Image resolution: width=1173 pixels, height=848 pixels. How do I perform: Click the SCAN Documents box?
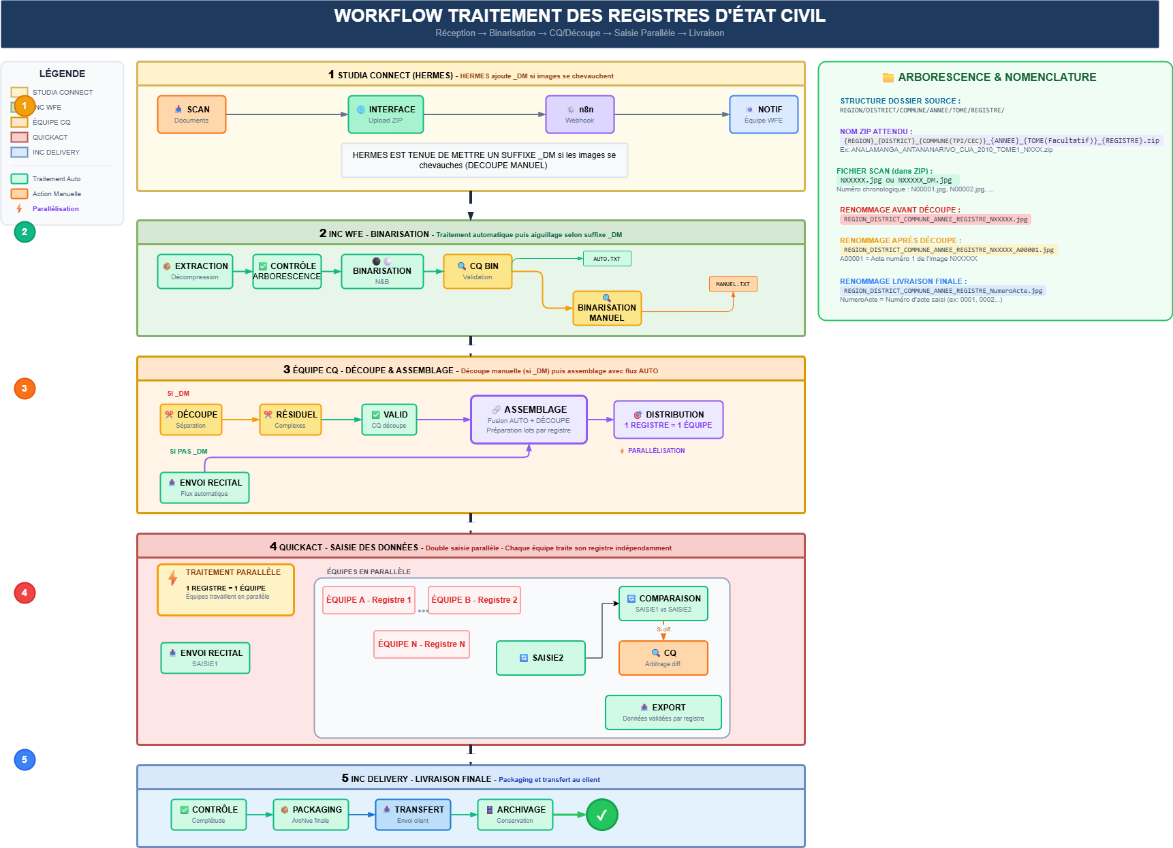[191, 114]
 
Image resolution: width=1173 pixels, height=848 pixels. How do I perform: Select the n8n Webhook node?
[580, 114]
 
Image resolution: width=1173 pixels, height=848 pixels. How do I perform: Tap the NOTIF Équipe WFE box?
[764, 114]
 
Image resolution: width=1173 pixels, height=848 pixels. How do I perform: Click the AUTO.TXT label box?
[607, 259]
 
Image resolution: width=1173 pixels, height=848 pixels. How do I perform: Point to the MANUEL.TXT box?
[733, 284]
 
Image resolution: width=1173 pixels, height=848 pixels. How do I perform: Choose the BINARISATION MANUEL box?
[607, 309]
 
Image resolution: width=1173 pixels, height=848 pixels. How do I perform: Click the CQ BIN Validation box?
[478, 271]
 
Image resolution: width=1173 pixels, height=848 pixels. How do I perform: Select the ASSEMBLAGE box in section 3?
[529, 420]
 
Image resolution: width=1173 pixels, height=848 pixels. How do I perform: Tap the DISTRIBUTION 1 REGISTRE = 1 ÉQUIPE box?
[668, 420]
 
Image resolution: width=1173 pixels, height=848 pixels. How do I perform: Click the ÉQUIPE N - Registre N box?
[422, 644]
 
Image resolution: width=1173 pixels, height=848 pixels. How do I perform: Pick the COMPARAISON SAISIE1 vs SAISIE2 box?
[663, 603]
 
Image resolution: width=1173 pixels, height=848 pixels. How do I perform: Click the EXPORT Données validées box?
[663, 712]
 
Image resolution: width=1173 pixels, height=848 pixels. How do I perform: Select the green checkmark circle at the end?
[602, 815]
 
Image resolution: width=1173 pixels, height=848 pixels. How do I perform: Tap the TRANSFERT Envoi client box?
[413, 815]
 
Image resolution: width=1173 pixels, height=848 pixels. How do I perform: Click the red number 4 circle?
[25, 593]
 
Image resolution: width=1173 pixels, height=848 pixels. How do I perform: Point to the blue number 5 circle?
[25, 759]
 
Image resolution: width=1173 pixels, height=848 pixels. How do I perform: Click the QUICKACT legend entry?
[50, 137]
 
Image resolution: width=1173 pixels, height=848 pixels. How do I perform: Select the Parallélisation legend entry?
[55, 209]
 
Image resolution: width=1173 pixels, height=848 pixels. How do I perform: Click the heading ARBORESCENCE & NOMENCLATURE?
[997, 78]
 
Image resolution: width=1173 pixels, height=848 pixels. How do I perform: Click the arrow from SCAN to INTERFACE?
[286, 114]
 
